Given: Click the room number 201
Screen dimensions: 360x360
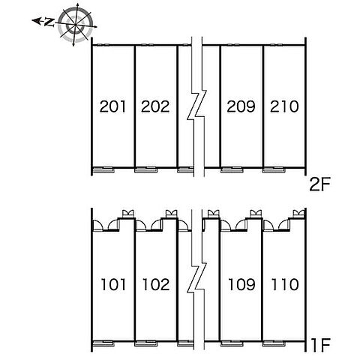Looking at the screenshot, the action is click(112, 106).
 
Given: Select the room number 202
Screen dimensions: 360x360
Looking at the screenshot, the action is click(155, 106).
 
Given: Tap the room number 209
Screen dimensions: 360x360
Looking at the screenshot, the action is click(241, 106).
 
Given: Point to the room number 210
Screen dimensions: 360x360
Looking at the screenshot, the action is click(284, 106).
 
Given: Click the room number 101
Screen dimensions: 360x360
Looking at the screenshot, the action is click(113, 284).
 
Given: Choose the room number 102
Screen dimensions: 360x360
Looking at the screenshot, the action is click(156, 284).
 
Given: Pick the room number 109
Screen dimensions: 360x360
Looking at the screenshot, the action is click(241, 284).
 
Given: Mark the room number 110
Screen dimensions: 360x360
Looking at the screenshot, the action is click(285, 284).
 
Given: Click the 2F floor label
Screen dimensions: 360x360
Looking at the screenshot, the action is click(319, 184).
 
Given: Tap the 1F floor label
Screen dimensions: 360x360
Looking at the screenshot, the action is click(321, 345).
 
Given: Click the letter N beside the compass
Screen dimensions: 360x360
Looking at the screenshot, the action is click(49, 22).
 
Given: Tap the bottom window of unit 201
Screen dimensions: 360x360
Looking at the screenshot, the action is click(103, 169).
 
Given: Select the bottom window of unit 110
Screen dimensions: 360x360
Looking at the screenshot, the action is click(274, 343).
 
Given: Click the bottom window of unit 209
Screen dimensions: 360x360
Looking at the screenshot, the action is click(232, 169).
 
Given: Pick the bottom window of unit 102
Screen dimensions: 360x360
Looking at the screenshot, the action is click(146, 343).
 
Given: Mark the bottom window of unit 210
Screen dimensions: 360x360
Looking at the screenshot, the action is click(274, 169).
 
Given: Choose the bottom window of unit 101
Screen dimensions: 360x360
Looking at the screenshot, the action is click(103, 343).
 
